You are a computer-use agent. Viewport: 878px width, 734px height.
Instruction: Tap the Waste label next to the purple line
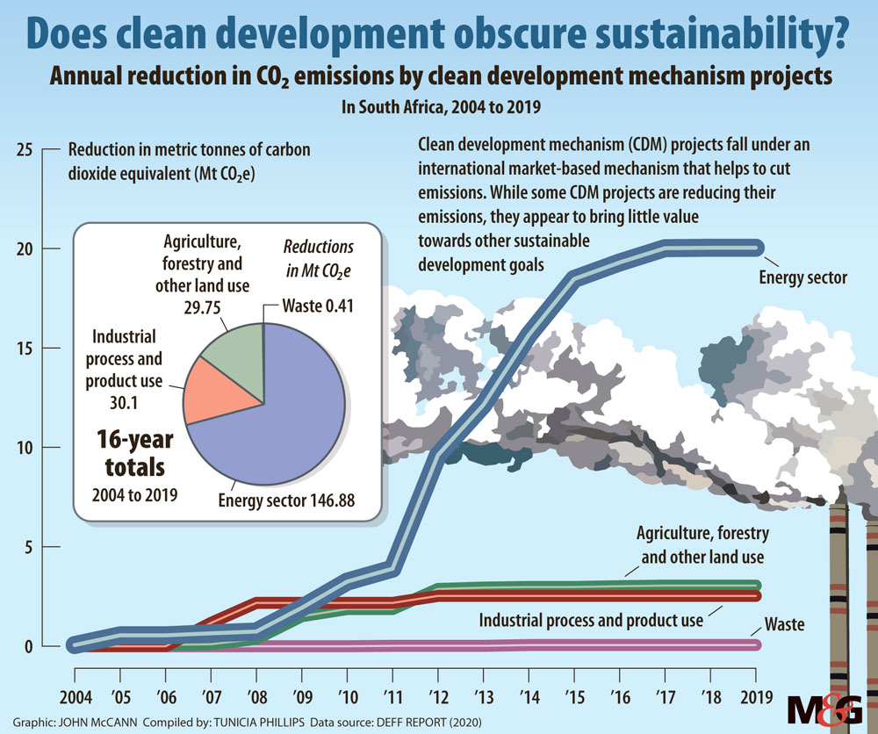coord(784,625)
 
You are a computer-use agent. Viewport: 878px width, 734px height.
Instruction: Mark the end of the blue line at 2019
coord(757,248)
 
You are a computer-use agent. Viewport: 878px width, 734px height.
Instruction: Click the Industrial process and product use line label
coord(591,620)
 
